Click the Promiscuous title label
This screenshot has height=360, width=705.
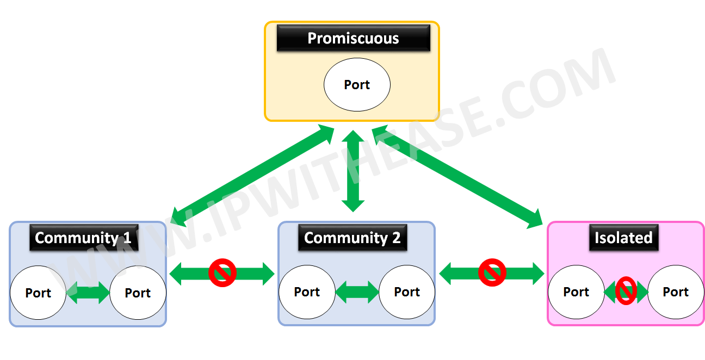[x=353, y=38]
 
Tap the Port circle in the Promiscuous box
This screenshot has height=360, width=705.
[x=357, y=85]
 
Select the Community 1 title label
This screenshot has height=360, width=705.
[x=83, y=238]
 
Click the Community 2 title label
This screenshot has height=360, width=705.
[x=352, y=238]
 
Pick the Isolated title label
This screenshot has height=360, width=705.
[x=623, y=238]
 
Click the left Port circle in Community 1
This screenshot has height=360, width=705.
[x=38, y=293]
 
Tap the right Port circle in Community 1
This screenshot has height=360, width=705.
[x=138, y=293]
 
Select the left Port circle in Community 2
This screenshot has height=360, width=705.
[x=307, y=292]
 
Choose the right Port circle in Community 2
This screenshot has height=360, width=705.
[x=407, y=292]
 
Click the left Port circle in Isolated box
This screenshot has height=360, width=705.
[x=576, y=292]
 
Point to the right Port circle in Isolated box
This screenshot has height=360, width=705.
[x=676, y=292]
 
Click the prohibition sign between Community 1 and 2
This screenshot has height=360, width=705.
[x=222, y=272]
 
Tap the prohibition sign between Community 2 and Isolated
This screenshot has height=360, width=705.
[x=492, y=272]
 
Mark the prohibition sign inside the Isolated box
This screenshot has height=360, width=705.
[x=626, y=292]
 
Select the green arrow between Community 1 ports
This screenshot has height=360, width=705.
[x=88, y=293]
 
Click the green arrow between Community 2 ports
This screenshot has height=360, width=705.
[x=357, y=293]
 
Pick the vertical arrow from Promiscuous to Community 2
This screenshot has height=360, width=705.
[x=353, y=171]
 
